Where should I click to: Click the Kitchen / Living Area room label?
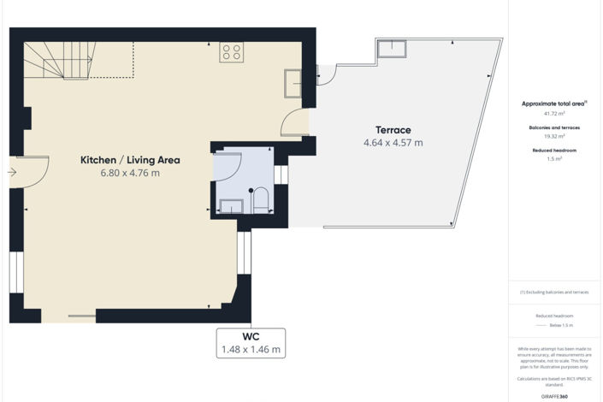pos(130,160)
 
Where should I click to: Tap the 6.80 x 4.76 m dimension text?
pos(130,173)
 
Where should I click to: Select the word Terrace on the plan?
pos(393,130)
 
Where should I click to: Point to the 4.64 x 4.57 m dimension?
pos(393,143)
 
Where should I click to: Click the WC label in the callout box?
pos(251,337)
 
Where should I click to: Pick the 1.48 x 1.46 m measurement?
pos(251,350)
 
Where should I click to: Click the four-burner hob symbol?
pos(231,52)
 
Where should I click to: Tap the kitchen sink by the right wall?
pos(293,83)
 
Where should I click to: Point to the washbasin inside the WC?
pos(231,205)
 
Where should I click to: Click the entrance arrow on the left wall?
pos(12,172)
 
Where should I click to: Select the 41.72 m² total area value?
pos(554,113)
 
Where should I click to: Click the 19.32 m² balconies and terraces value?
pos(554,136)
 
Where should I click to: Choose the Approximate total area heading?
pos(554,103)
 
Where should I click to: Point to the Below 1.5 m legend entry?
pos(560,326)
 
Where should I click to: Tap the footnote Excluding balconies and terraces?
pos(554,292)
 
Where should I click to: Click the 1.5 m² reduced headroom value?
pos(554,159)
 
